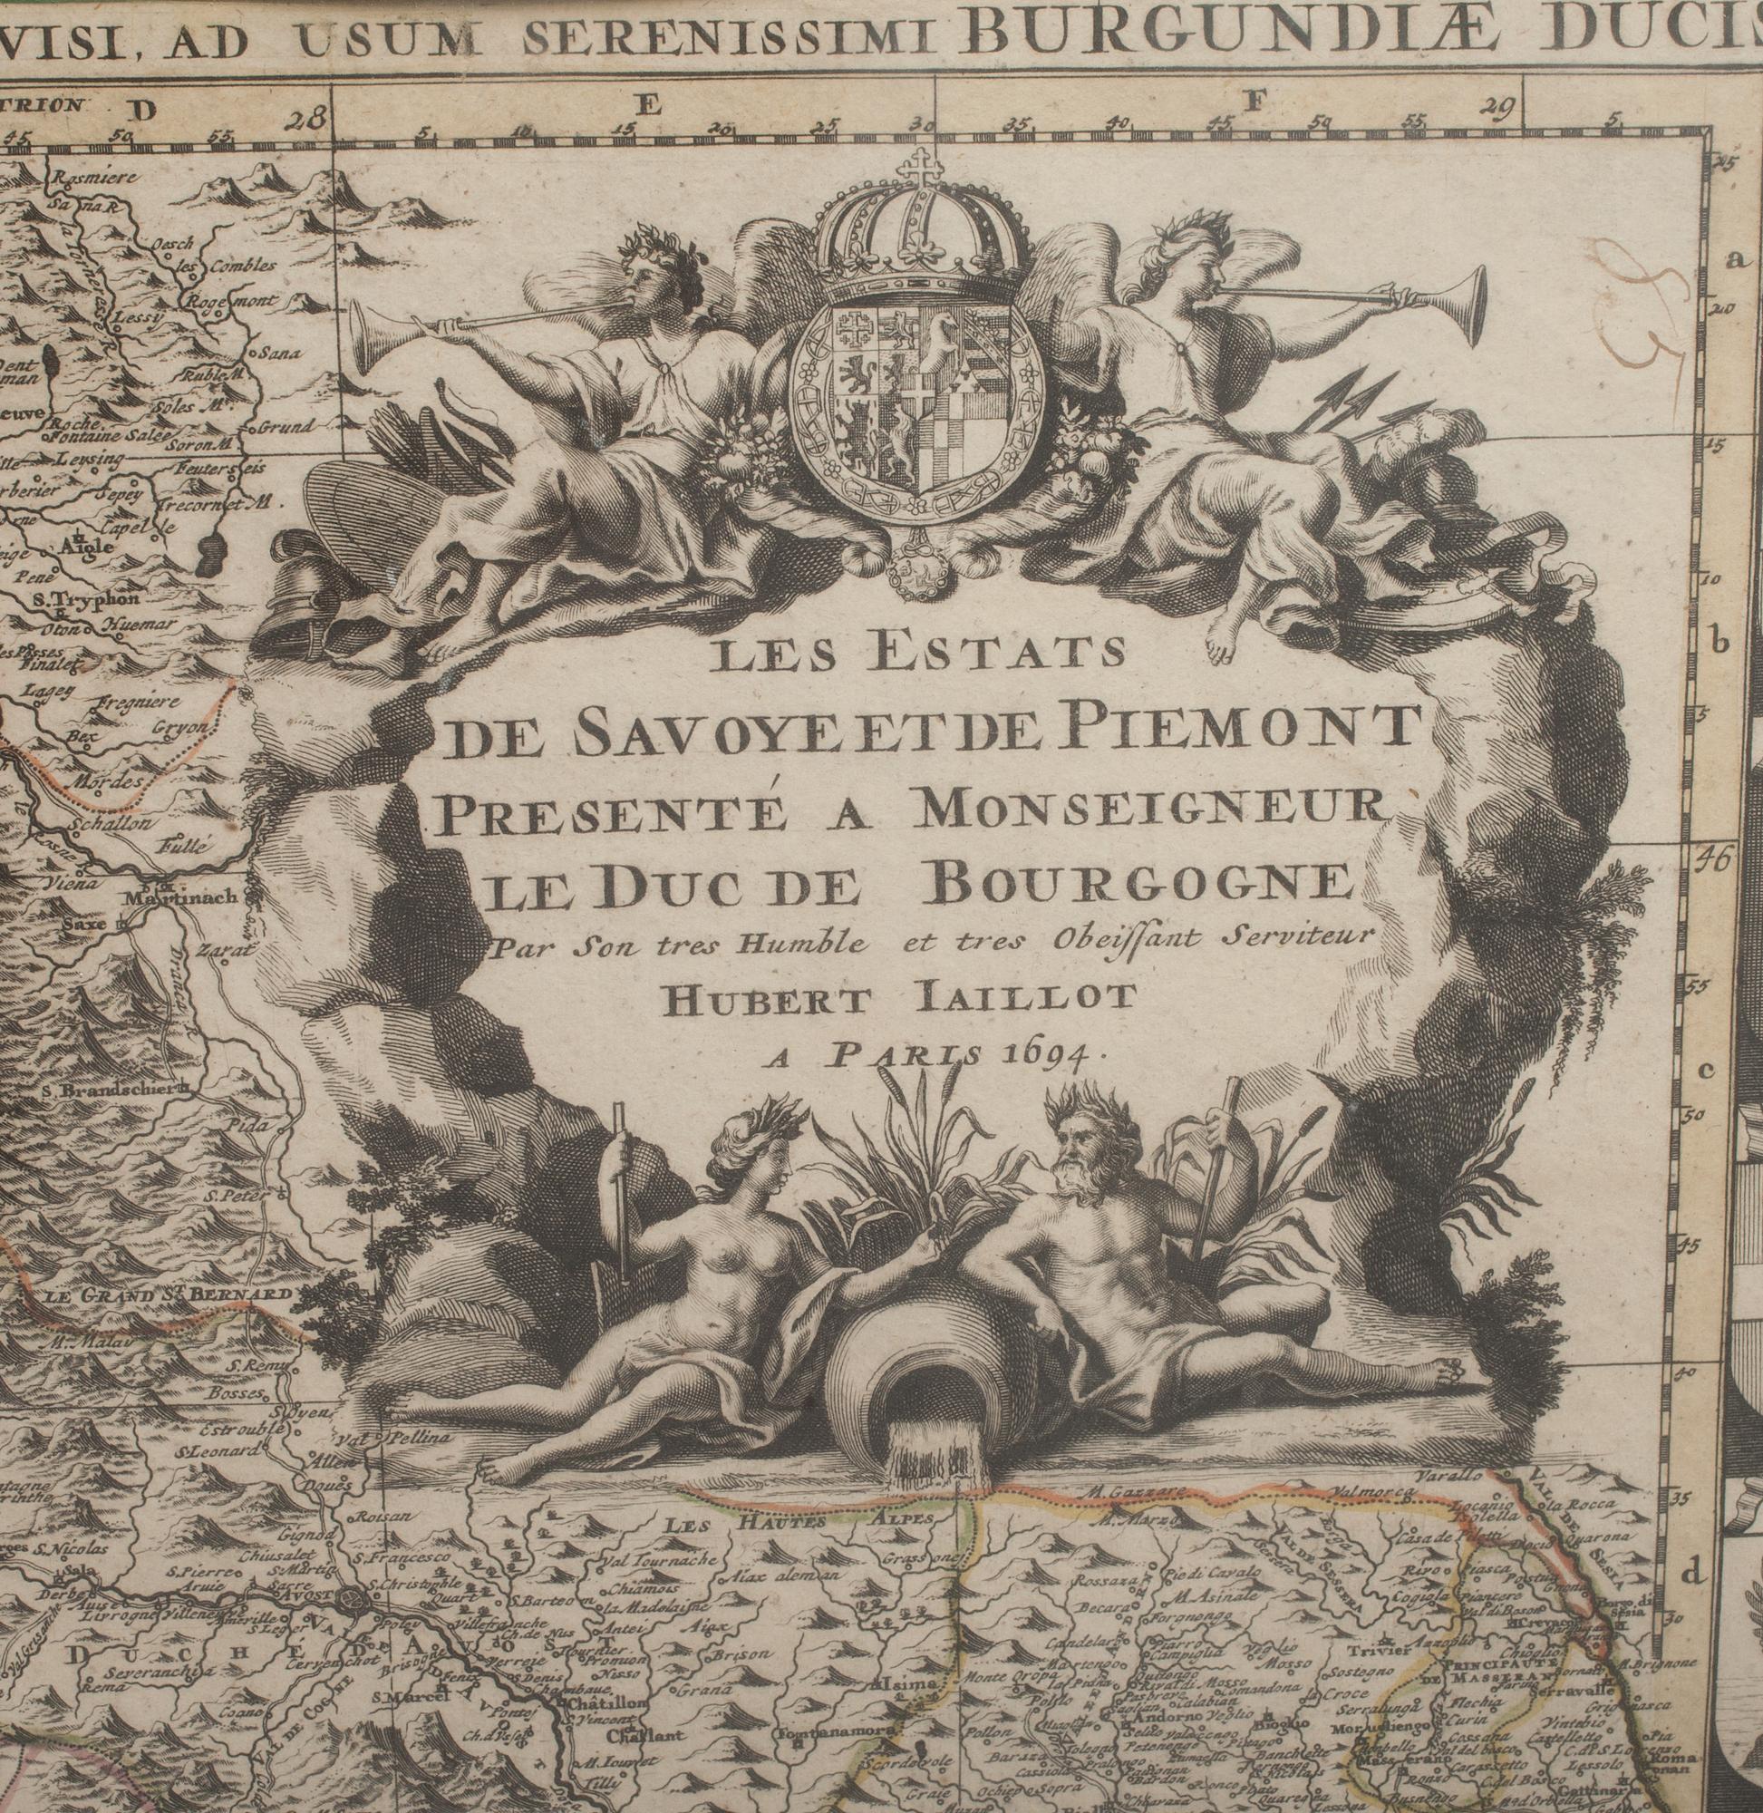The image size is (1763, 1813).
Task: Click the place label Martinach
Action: [x=180, y=896]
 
